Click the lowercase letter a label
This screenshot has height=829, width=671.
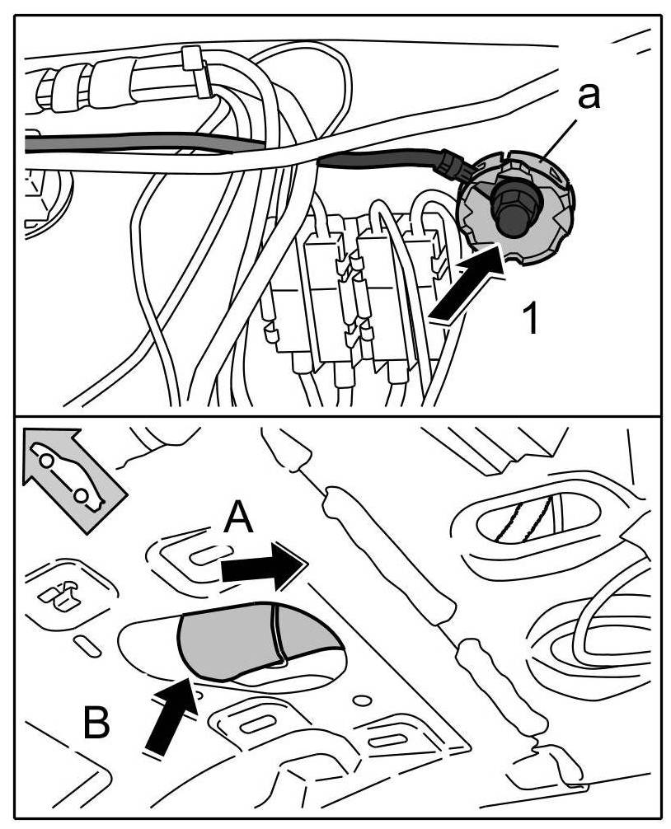[587, 96]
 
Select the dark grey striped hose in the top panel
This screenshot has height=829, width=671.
[140, 143]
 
